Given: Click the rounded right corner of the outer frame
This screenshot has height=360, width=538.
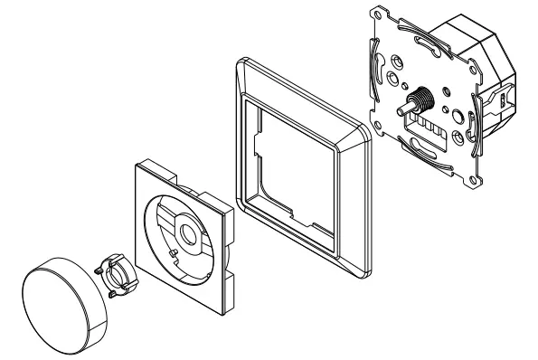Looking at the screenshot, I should (x=366, y=136).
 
